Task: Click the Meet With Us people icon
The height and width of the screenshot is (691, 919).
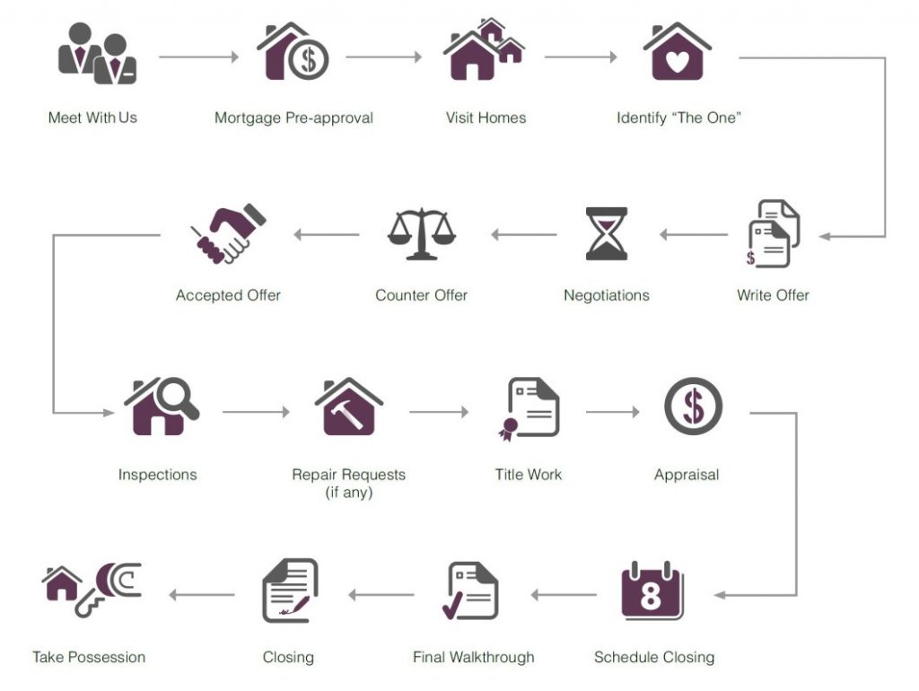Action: coord(97,53)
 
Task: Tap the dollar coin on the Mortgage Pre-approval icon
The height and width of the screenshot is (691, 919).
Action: coord(309,59)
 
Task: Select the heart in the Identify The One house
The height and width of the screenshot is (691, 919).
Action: coord(678,62)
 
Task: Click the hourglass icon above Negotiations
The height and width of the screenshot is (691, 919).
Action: coord(607,233)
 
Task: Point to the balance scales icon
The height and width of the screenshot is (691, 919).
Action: coord(422,234)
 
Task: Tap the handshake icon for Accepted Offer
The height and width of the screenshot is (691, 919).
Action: coord(228,233)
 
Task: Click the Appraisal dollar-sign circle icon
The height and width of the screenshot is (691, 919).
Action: coord(694,407)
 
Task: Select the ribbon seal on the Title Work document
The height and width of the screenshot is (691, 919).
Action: coord(508,429)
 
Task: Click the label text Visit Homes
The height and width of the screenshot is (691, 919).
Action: coord(486,118)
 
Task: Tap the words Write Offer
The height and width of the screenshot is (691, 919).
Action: coord(773,295)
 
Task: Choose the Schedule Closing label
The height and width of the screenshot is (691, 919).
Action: coord(654,657)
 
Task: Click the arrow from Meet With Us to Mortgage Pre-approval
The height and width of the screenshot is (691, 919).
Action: coord(198,57)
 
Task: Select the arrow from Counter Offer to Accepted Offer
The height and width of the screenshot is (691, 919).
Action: coord(327,234)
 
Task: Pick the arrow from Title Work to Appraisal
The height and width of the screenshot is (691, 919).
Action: coord(612,412)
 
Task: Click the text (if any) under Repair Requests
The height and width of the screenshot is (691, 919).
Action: coord(349,493)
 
